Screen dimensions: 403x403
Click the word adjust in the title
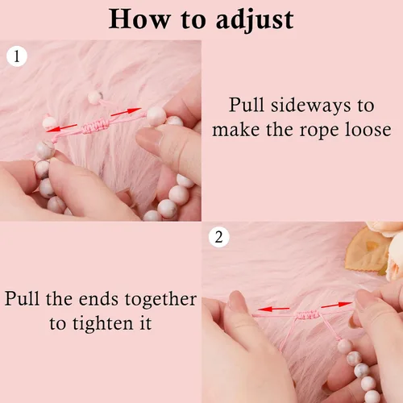255,20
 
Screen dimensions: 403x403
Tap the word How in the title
139,19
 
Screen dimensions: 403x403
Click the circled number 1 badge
17,56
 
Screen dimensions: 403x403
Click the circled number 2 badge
219,237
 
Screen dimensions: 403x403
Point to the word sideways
311,105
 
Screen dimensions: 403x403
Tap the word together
160,300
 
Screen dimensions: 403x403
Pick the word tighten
102,324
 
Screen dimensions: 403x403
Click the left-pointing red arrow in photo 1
62,128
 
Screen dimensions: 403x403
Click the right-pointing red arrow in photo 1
126,112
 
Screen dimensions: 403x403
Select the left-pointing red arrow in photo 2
274,309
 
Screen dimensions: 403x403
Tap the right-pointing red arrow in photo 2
336,305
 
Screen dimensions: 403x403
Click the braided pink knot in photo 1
95,127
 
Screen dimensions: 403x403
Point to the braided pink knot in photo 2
308,314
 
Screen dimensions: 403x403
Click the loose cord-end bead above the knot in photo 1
95,97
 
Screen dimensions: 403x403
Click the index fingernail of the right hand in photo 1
147,138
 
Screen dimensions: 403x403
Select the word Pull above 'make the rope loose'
247,105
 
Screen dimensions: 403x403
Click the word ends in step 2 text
98,300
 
